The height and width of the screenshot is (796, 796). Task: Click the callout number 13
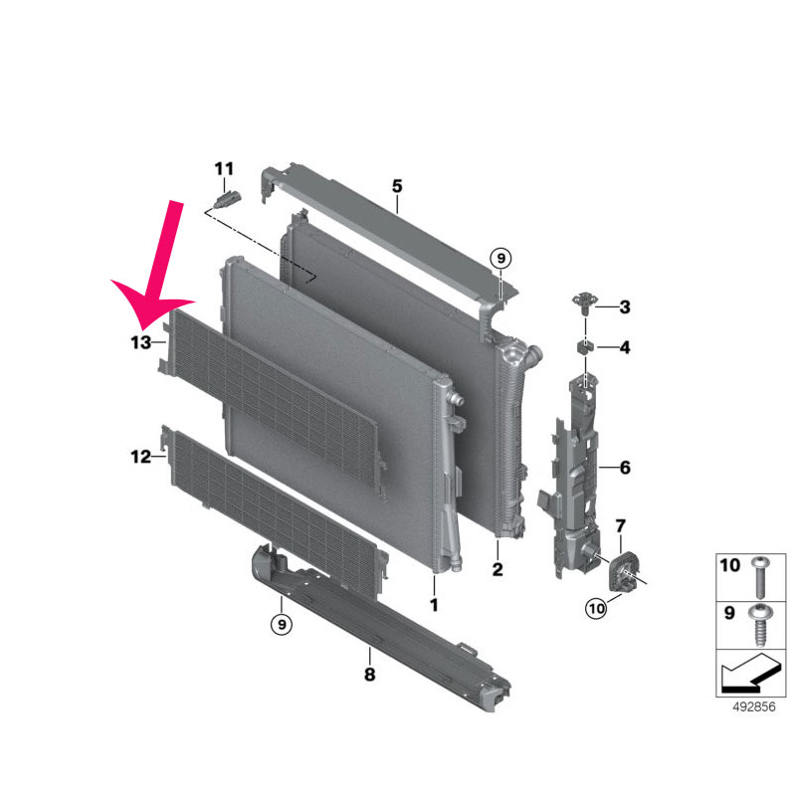tap(141, 342)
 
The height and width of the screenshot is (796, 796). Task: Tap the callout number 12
tap(141, 457)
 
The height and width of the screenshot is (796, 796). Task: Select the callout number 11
tap(224, 168)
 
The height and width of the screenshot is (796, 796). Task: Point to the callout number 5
tap(397, 186)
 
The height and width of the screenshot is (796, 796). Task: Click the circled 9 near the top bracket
tap(501, 259)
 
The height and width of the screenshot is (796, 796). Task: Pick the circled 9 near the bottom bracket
tap(282, 623)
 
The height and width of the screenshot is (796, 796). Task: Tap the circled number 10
tap(596, 608)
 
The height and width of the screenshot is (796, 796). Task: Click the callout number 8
tap(369, 675)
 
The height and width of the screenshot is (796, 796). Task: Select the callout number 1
tap(434, 605)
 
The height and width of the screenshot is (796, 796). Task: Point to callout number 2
tap(497, 569)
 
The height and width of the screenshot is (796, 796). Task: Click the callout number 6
tap(625, 467)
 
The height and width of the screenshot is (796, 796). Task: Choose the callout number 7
tap(620, 526)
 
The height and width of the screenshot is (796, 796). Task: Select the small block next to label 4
tap(584, 347)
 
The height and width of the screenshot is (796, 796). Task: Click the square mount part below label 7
tap(623, 573)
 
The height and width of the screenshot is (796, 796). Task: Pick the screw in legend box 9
tap(760, 625)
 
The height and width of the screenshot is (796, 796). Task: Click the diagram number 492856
tap(754, 706)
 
